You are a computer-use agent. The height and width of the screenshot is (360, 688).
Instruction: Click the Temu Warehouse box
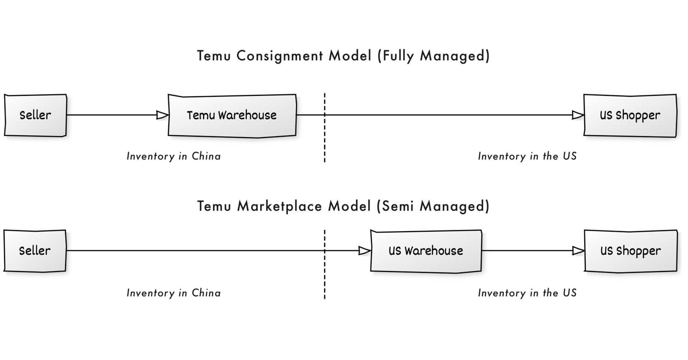click(x=232, y=115)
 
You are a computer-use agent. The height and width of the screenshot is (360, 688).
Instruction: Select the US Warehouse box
click(x=426, y=251)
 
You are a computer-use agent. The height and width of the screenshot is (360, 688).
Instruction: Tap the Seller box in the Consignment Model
click(x=35, y=115)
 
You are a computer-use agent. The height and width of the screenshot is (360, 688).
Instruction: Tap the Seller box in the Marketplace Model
click(x=35, y=251)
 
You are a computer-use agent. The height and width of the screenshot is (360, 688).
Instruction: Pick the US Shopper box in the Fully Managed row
click(x=630, y=115)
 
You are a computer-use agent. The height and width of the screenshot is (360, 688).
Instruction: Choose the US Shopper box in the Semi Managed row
click(x=631, y=251)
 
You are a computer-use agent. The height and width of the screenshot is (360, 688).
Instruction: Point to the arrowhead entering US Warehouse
click(x=365, y=251)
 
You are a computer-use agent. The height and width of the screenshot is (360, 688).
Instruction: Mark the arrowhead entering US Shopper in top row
click(x=578, y=115)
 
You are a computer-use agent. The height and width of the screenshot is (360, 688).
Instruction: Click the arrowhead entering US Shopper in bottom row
click(x=578, y=251)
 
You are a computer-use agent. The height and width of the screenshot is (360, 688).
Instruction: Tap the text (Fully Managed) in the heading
click(x=434, y=56)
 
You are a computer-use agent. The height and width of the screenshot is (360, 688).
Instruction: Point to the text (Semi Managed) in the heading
click(x=433, y=206)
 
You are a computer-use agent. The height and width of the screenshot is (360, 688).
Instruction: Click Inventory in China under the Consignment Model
click(x=173, y=156)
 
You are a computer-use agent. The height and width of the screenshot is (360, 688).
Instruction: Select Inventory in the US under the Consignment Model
click(x=527, y=156)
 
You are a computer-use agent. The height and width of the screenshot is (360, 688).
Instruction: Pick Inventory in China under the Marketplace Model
click(x=173, y=293)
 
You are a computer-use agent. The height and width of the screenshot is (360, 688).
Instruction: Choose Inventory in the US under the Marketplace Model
click(x=527, y=293)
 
